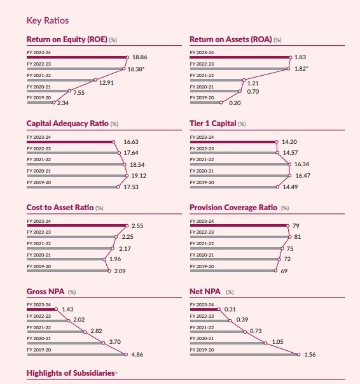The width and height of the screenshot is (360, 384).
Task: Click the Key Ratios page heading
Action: (48, 20)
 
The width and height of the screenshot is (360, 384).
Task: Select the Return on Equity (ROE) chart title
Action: (67, 39)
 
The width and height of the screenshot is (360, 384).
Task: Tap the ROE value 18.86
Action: (140, 57)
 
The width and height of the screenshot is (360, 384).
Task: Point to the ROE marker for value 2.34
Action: (54, 103)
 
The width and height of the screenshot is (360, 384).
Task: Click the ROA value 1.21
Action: (253, 83)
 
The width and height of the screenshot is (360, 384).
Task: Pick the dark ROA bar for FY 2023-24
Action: (240, 57)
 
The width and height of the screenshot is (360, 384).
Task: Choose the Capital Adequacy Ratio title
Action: (67, 124)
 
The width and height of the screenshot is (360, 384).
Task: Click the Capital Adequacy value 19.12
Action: (139, 176)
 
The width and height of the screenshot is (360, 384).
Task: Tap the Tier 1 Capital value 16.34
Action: (301, 164)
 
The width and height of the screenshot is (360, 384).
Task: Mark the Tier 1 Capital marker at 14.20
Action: (276, 142)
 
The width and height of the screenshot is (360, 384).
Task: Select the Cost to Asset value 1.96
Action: (115, 259)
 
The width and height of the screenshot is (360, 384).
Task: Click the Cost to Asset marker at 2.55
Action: (127, 225)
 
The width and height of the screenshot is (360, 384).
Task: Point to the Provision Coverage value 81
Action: (298, 237)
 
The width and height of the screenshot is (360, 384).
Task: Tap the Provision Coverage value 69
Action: (284, 271)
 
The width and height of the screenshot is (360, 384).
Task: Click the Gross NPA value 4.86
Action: (137, 354)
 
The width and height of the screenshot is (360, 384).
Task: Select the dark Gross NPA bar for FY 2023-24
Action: (41, 309)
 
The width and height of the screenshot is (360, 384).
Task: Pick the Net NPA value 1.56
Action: (310, 354)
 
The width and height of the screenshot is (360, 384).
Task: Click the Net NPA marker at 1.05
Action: (265, 343)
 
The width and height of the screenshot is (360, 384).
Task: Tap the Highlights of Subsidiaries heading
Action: (71, 373)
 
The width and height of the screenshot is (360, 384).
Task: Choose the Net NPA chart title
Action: (205, 292)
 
